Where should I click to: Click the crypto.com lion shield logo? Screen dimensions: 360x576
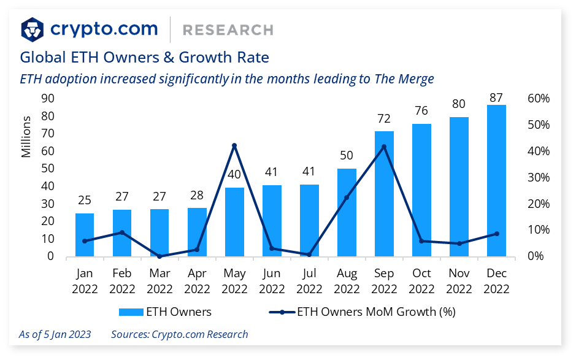tap(33, 29)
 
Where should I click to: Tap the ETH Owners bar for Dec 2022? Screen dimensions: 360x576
tap(496, 180)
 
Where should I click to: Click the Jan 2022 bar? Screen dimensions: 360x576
tap(85, 235)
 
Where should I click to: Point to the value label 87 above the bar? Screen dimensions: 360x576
tap(496, 98)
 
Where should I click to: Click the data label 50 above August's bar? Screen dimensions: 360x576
tap(347, 155)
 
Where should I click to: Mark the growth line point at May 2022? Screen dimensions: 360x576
tap(234, 145)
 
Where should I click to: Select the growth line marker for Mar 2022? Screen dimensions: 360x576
tap(159, 256)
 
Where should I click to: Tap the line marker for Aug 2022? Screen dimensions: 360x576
tap(347, 197)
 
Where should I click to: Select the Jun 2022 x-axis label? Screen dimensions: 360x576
tap(272, 281)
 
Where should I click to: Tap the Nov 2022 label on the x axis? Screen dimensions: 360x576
tap(459, 281)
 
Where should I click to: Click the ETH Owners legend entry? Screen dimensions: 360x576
tap(165, 312)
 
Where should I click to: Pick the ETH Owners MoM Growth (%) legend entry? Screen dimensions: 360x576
tap(362, 312)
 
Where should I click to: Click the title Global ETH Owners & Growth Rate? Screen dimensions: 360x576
tap(145, 58)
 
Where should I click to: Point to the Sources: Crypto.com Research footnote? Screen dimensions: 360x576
tap(179, 334)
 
